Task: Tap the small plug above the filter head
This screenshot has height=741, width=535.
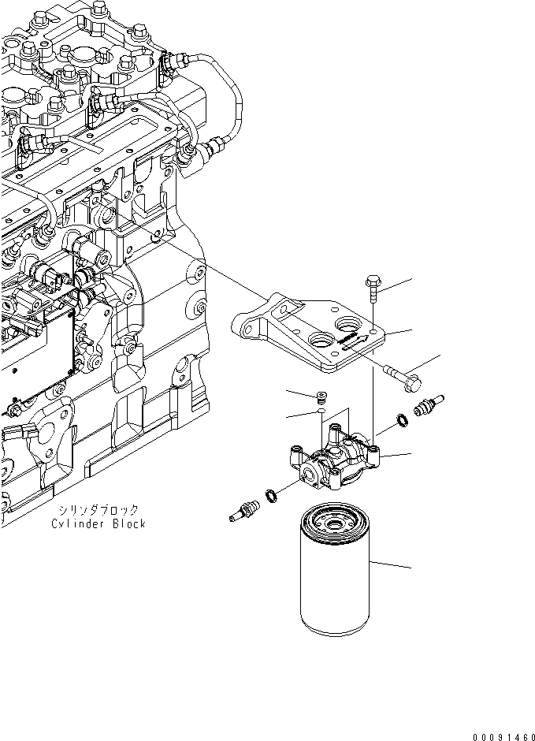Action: tap(321, 397)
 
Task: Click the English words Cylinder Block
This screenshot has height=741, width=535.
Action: tap(98, 523)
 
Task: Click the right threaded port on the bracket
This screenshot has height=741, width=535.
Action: tap(347, 326)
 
